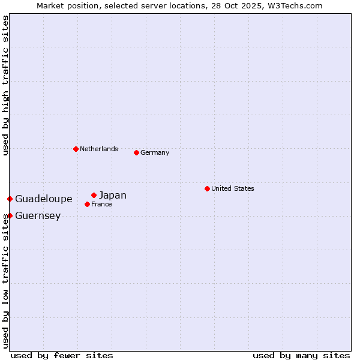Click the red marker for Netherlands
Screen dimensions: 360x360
click(76, 149)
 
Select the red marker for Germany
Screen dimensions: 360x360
click(136, 152)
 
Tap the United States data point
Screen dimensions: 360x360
click(207, 188)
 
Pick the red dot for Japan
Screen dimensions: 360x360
click(94, 195)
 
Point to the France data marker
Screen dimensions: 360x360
click(87, 204)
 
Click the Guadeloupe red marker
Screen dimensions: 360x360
click(10, 199)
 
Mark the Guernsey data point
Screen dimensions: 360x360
click(10, 215)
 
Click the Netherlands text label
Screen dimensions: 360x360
click(99, 149)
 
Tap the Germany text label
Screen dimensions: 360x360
click(155, 152)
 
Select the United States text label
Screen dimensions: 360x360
click(233, 188)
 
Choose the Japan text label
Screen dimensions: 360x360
click(113, 195)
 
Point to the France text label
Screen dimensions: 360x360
click(101, 204)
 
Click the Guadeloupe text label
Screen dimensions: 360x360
click(44, 199)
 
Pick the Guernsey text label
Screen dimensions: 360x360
click(38, 216)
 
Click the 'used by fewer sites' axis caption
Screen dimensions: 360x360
click(62, 355)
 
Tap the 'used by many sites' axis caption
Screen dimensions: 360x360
click(301, 355)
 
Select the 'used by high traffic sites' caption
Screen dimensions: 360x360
click(5, 85)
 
